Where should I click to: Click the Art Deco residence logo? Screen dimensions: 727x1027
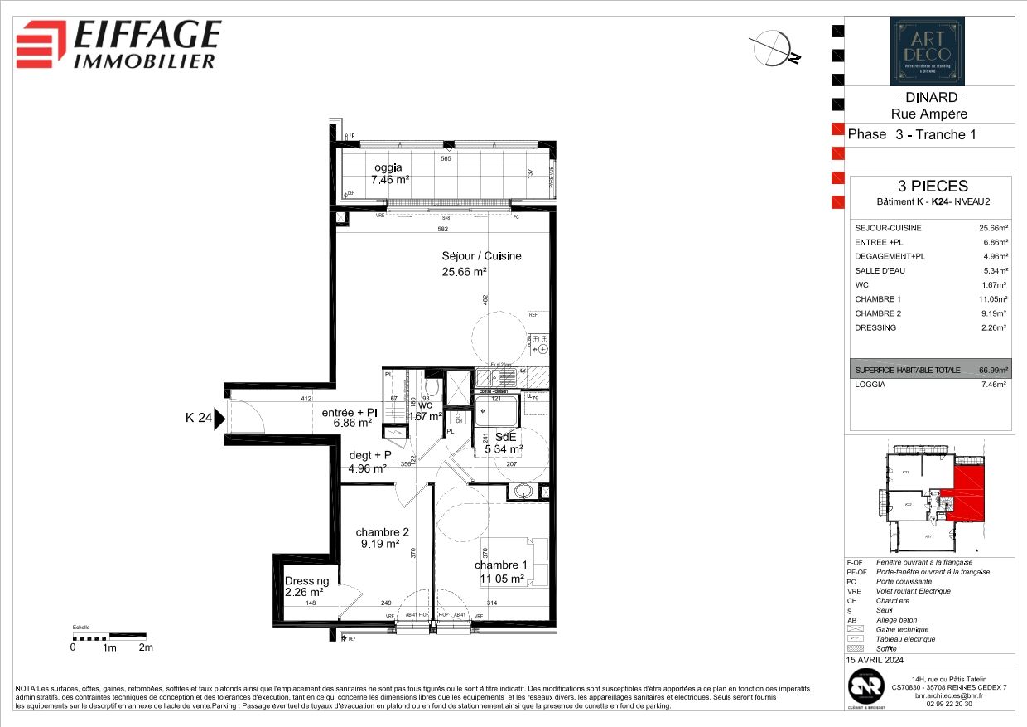coord(927,51)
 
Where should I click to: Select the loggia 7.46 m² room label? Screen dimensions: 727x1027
coord(390,173)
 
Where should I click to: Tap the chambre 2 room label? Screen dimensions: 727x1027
coord(382,538)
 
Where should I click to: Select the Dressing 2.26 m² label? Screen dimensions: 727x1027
coord(306,587)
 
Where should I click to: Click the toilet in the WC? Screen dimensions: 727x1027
coord(431,387)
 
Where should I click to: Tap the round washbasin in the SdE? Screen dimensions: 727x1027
coord(523,492)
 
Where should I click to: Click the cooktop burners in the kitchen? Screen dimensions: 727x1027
coord(540,340)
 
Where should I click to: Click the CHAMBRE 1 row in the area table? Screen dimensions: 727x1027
coord(930,299)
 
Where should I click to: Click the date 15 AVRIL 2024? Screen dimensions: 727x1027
coord(875,661)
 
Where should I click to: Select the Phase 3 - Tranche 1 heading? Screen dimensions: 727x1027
coord(906,135)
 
